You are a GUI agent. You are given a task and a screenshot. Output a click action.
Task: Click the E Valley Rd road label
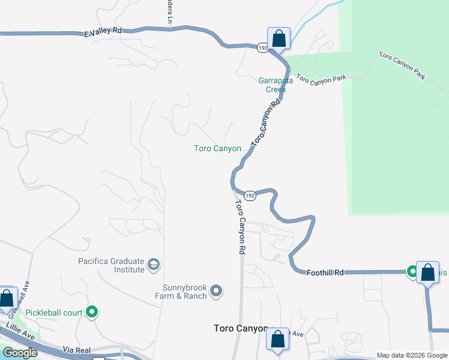pos(103,32)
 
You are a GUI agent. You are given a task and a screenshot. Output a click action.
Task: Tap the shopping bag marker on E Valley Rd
pos(279,38)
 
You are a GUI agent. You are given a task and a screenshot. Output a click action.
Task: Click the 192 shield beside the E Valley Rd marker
pos(262,47)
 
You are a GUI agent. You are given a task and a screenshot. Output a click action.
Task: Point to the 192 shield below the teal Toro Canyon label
pos(250,196)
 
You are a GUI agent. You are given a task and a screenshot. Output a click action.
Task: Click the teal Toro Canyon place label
pos(217,148)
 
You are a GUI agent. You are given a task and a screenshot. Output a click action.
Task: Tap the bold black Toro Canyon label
pos(241,328)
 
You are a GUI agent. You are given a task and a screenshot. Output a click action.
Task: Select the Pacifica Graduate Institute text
pos(112,265)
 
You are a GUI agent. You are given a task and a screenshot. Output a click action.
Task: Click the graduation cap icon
pos(154,265)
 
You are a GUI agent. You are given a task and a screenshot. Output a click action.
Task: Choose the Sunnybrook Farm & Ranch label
pos(185,292)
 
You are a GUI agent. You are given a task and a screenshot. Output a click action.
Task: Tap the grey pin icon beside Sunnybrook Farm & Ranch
pos(217,292)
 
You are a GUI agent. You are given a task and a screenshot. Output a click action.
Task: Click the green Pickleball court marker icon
pos(92,312)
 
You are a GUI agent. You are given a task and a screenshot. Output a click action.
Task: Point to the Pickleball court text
pos(54,313)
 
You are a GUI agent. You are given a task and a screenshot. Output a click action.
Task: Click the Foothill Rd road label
pos(326,273)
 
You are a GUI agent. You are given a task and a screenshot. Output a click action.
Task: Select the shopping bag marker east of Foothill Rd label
pos(427,273)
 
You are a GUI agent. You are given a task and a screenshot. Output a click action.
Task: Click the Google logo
pos(20,353)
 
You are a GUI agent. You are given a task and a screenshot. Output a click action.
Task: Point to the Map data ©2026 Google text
pos(412,355)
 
